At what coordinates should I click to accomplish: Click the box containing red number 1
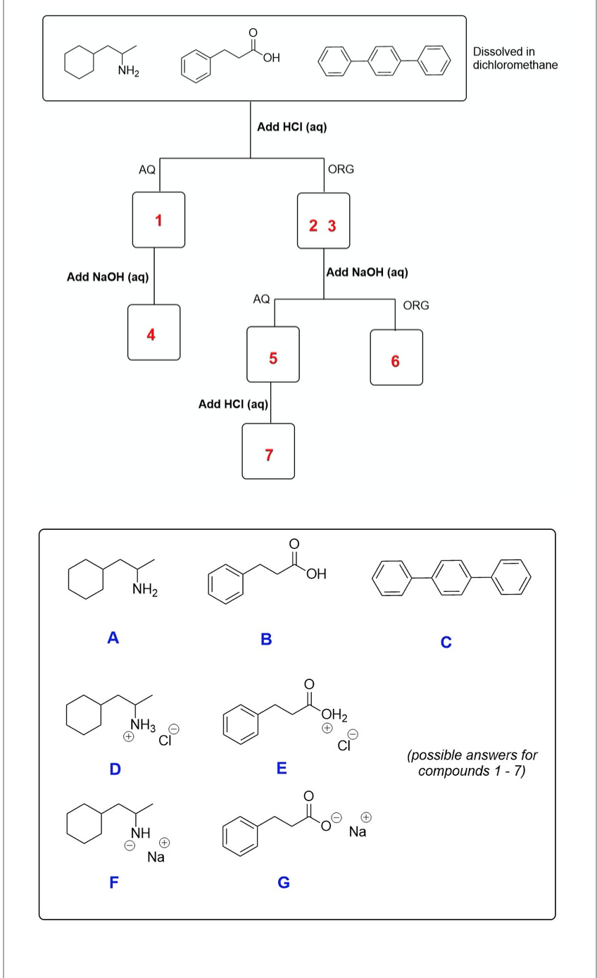(158, 220)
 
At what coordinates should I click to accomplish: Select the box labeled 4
(153, 333)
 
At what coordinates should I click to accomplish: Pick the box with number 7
(268, 451)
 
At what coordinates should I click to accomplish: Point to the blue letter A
(112, 638)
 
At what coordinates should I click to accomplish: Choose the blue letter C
(445, 642)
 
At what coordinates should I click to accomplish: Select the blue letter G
(283, 881)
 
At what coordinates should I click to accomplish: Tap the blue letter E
(281, 768)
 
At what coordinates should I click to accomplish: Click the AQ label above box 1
(147, 169)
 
